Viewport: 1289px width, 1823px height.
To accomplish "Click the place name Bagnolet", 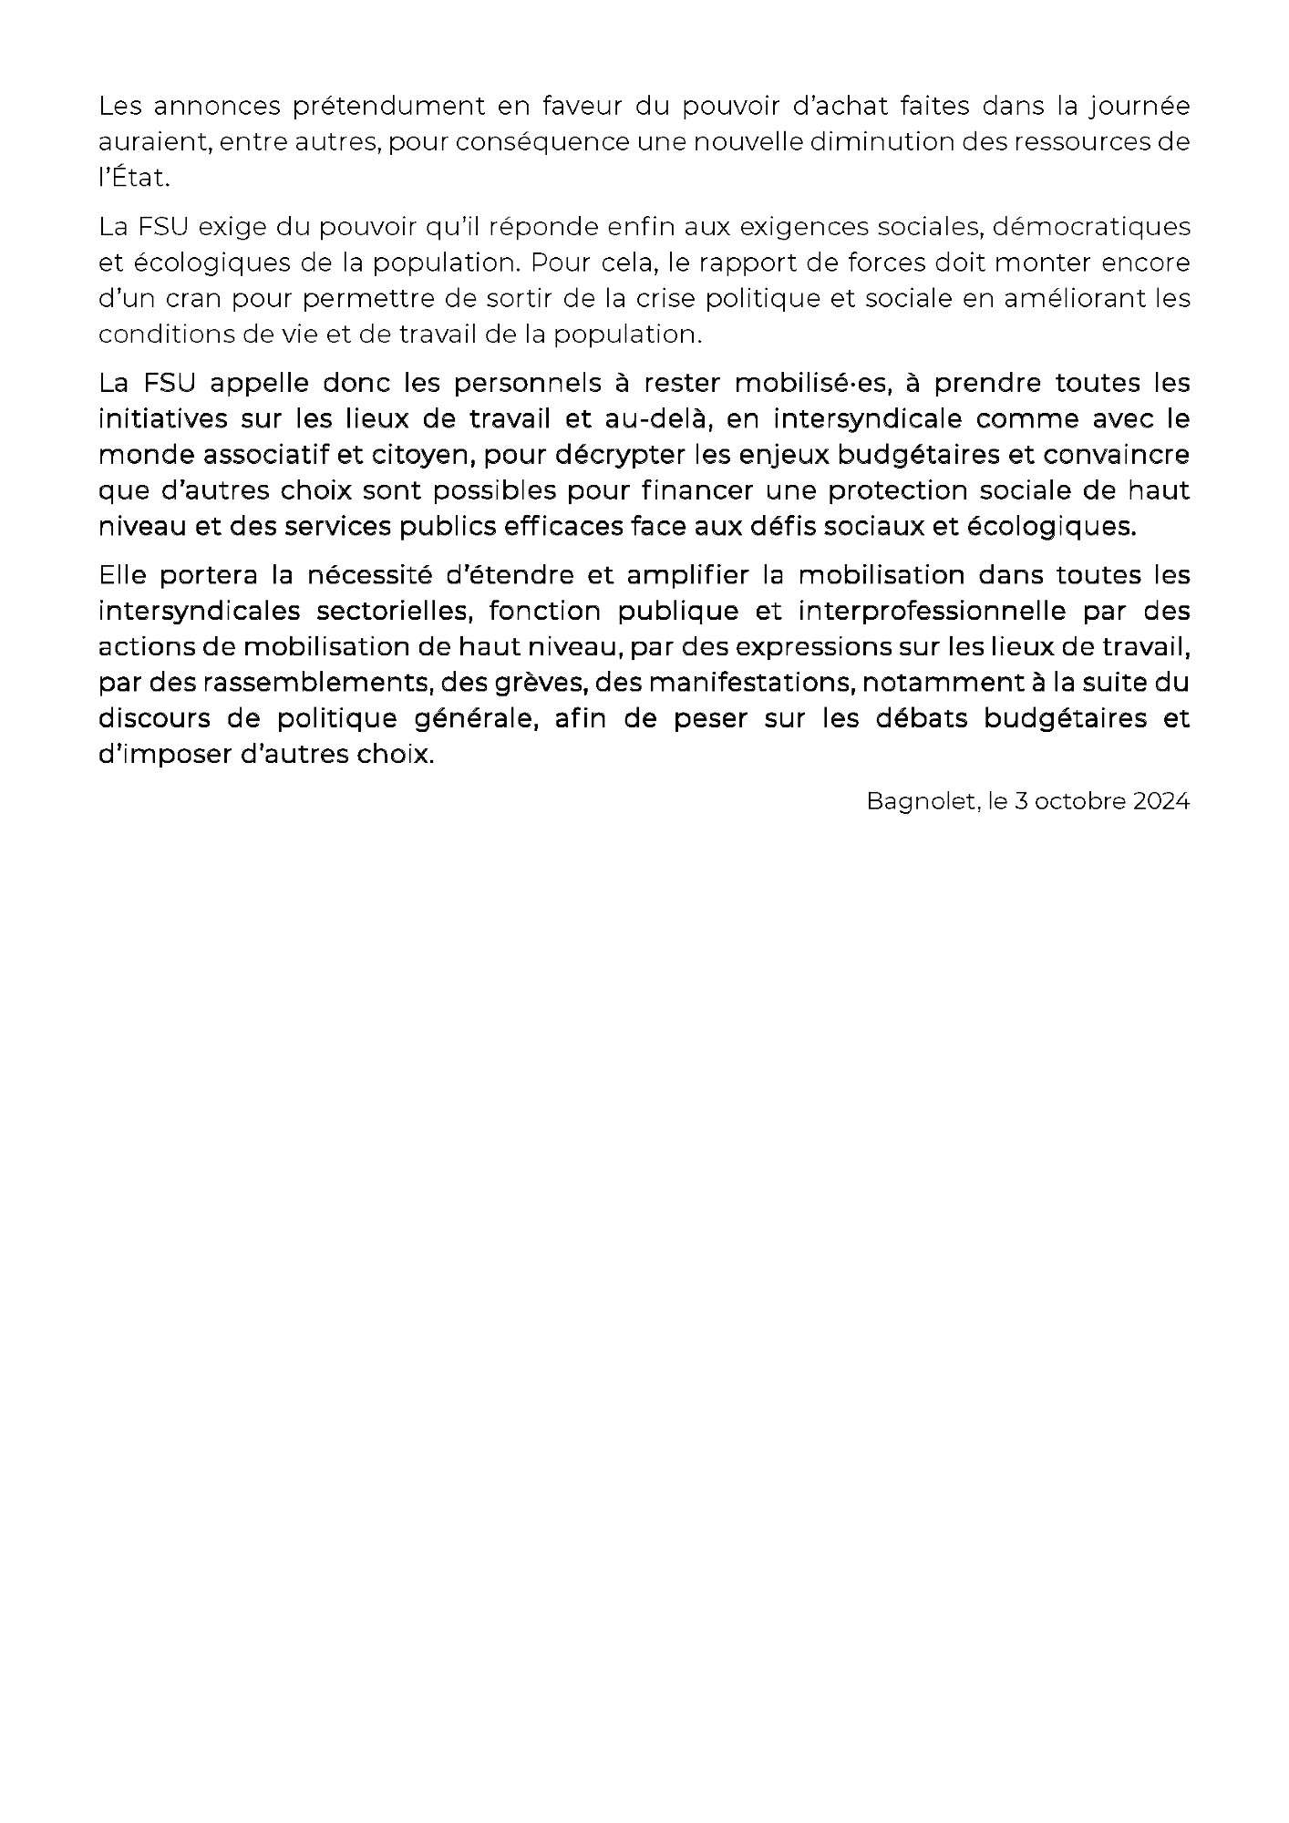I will click(915, 802).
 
